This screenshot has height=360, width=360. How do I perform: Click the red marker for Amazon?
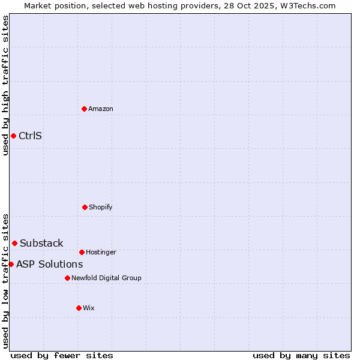(85, 109)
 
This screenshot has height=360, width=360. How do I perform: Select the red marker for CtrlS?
(13, 136)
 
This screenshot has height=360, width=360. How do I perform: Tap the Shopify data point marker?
(85, 207)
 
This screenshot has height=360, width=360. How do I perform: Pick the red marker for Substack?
(14, 243)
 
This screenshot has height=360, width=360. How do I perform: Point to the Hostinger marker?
(82, 252)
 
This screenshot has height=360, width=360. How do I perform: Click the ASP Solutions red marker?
(11, 264)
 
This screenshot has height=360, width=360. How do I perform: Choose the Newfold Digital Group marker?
(67, 278)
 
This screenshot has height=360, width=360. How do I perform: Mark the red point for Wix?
(79, 308)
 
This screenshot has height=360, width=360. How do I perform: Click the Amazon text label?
(101, 109)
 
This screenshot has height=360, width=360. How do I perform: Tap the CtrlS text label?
(30, 136)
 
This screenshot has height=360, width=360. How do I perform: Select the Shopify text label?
(101, 207)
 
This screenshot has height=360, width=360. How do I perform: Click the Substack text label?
(41, 243)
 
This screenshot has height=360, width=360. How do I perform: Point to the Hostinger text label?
(101, 252)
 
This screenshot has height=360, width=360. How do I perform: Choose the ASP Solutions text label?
(49, 264)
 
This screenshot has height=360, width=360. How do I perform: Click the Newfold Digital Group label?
(106, 278)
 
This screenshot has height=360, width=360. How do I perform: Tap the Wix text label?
(89, 308)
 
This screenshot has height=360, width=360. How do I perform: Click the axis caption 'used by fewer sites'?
(62, 355)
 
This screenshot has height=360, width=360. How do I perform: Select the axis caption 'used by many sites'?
(301, 355)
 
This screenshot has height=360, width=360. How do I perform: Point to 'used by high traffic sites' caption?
(6, 85)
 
